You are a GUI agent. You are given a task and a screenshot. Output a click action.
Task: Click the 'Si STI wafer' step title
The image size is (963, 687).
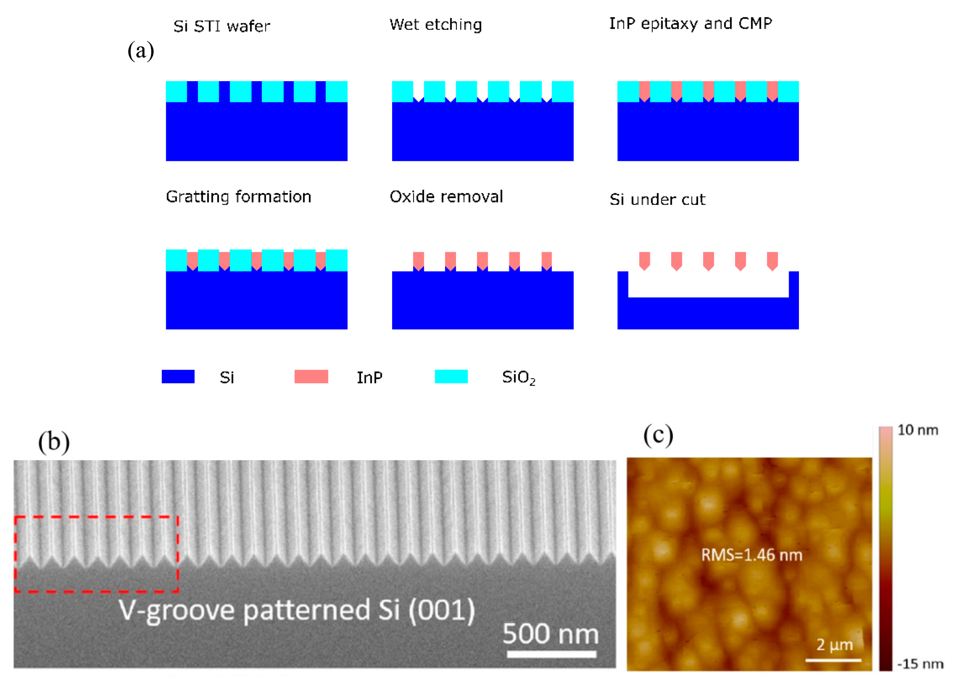click(x=221, y=26)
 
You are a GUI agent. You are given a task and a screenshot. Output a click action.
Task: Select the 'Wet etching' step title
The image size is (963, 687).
click(x=436, y=24)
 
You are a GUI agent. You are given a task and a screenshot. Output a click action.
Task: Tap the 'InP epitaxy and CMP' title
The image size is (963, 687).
click(x=690, y=24)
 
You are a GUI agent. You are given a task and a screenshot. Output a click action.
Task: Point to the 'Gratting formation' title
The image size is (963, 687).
click(x=238, y=197)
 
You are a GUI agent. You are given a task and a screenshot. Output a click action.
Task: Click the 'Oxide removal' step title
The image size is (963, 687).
click(x=446, y=197)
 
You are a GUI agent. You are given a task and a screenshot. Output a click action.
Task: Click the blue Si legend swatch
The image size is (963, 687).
click(x=178, y=376)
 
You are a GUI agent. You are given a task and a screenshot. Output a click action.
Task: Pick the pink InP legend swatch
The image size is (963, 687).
click(x=311, y=376)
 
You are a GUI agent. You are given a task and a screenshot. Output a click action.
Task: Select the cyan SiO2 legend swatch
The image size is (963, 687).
click(x=451, y=376)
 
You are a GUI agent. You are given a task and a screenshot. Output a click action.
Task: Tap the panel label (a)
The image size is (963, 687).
click(x=141, y=51)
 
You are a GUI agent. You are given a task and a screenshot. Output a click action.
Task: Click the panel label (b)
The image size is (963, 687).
click(x=54, y=442)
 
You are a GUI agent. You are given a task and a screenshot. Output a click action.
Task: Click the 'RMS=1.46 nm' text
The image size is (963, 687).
click(x=751, y=555)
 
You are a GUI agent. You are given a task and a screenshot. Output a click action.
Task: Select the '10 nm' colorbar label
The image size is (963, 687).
click(x=918, y=430)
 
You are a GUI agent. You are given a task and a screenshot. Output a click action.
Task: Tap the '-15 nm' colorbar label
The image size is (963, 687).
click(x=920, y=664)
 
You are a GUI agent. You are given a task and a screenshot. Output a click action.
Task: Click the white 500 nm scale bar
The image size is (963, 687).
click(x=551, y=654)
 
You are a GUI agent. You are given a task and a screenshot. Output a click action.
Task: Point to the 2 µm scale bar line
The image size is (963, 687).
click(x=833, y=660)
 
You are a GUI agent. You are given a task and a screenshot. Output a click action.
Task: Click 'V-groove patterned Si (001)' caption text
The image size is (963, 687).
click(x=296, y=610)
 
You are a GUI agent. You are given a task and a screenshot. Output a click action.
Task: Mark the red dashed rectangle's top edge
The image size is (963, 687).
click(x=96, y=517)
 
